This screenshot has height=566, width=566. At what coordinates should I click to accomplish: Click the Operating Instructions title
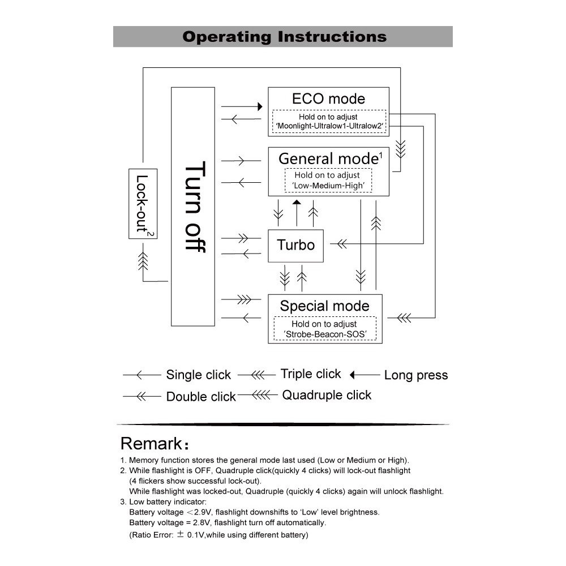click(285, 37)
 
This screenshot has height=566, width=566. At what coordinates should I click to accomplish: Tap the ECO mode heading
click(328, 98)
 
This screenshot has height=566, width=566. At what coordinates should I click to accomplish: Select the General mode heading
click(328, 159)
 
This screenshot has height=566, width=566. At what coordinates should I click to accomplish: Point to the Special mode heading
click(324, 306)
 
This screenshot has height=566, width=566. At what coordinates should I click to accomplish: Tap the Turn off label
click(195, 207)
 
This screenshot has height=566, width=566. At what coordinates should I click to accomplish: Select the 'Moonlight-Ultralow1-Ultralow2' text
click(329, 126)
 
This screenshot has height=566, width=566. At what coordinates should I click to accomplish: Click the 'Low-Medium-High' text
click(328, 186)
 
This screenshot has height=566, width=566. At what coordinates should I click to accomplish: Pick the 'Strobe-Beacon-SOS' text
click(325, 335)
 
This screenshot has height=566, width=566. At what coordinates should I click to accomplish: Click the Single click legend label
click(198, 375)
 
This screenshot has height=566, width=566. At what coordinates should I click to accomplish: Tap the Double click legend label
click(201, 396)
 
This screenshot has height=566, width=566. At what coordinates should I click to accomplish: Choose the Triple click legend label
click(310, 374)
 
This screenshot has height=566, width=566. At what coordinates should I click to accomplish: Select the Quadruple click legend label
click(327, 395)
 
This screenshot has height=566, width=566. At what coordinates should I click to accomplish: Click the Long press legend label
click(416, 375)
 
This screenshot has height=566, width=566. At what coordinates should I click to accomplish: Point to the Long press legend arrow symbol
click(365, 375)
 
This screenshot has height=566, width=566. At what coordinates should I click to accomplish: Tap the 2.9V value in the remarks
click(203, 512)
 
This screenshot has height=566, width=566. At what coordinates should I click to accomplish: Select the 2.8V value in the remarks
click(201, 522)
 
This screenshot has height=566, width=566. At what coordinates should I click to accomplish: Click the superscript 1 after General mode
click(381, 156)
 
